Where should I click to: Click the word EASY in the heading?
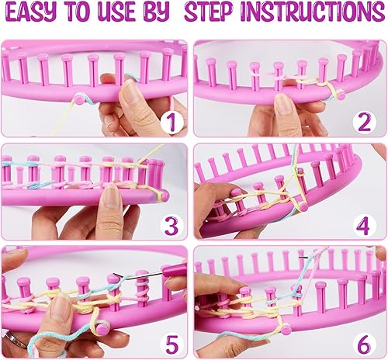(x=30, y=12)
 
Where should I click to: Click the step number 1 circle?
(x=171, y=123)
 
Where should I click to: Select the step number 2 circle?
(x=365, y=123)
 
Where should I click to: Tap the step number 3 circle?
(x=171, y=225)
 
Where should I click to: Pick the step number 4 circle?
(x=365, y=225)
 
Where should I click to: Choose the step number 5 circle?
(x=171, y=345)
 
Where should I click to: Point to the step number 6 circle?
(x=365, y=345)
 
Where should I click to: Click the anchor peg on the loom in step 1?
(x=79, y=99)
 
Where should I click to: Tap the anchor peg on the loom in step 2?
(x=341, y=95)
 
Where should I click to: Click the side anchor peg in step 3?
(x=165, y=196)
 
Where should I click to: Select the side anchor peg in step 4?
(x=303, y=206)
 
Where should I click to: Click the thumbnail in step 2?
(x=284, y=104)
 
